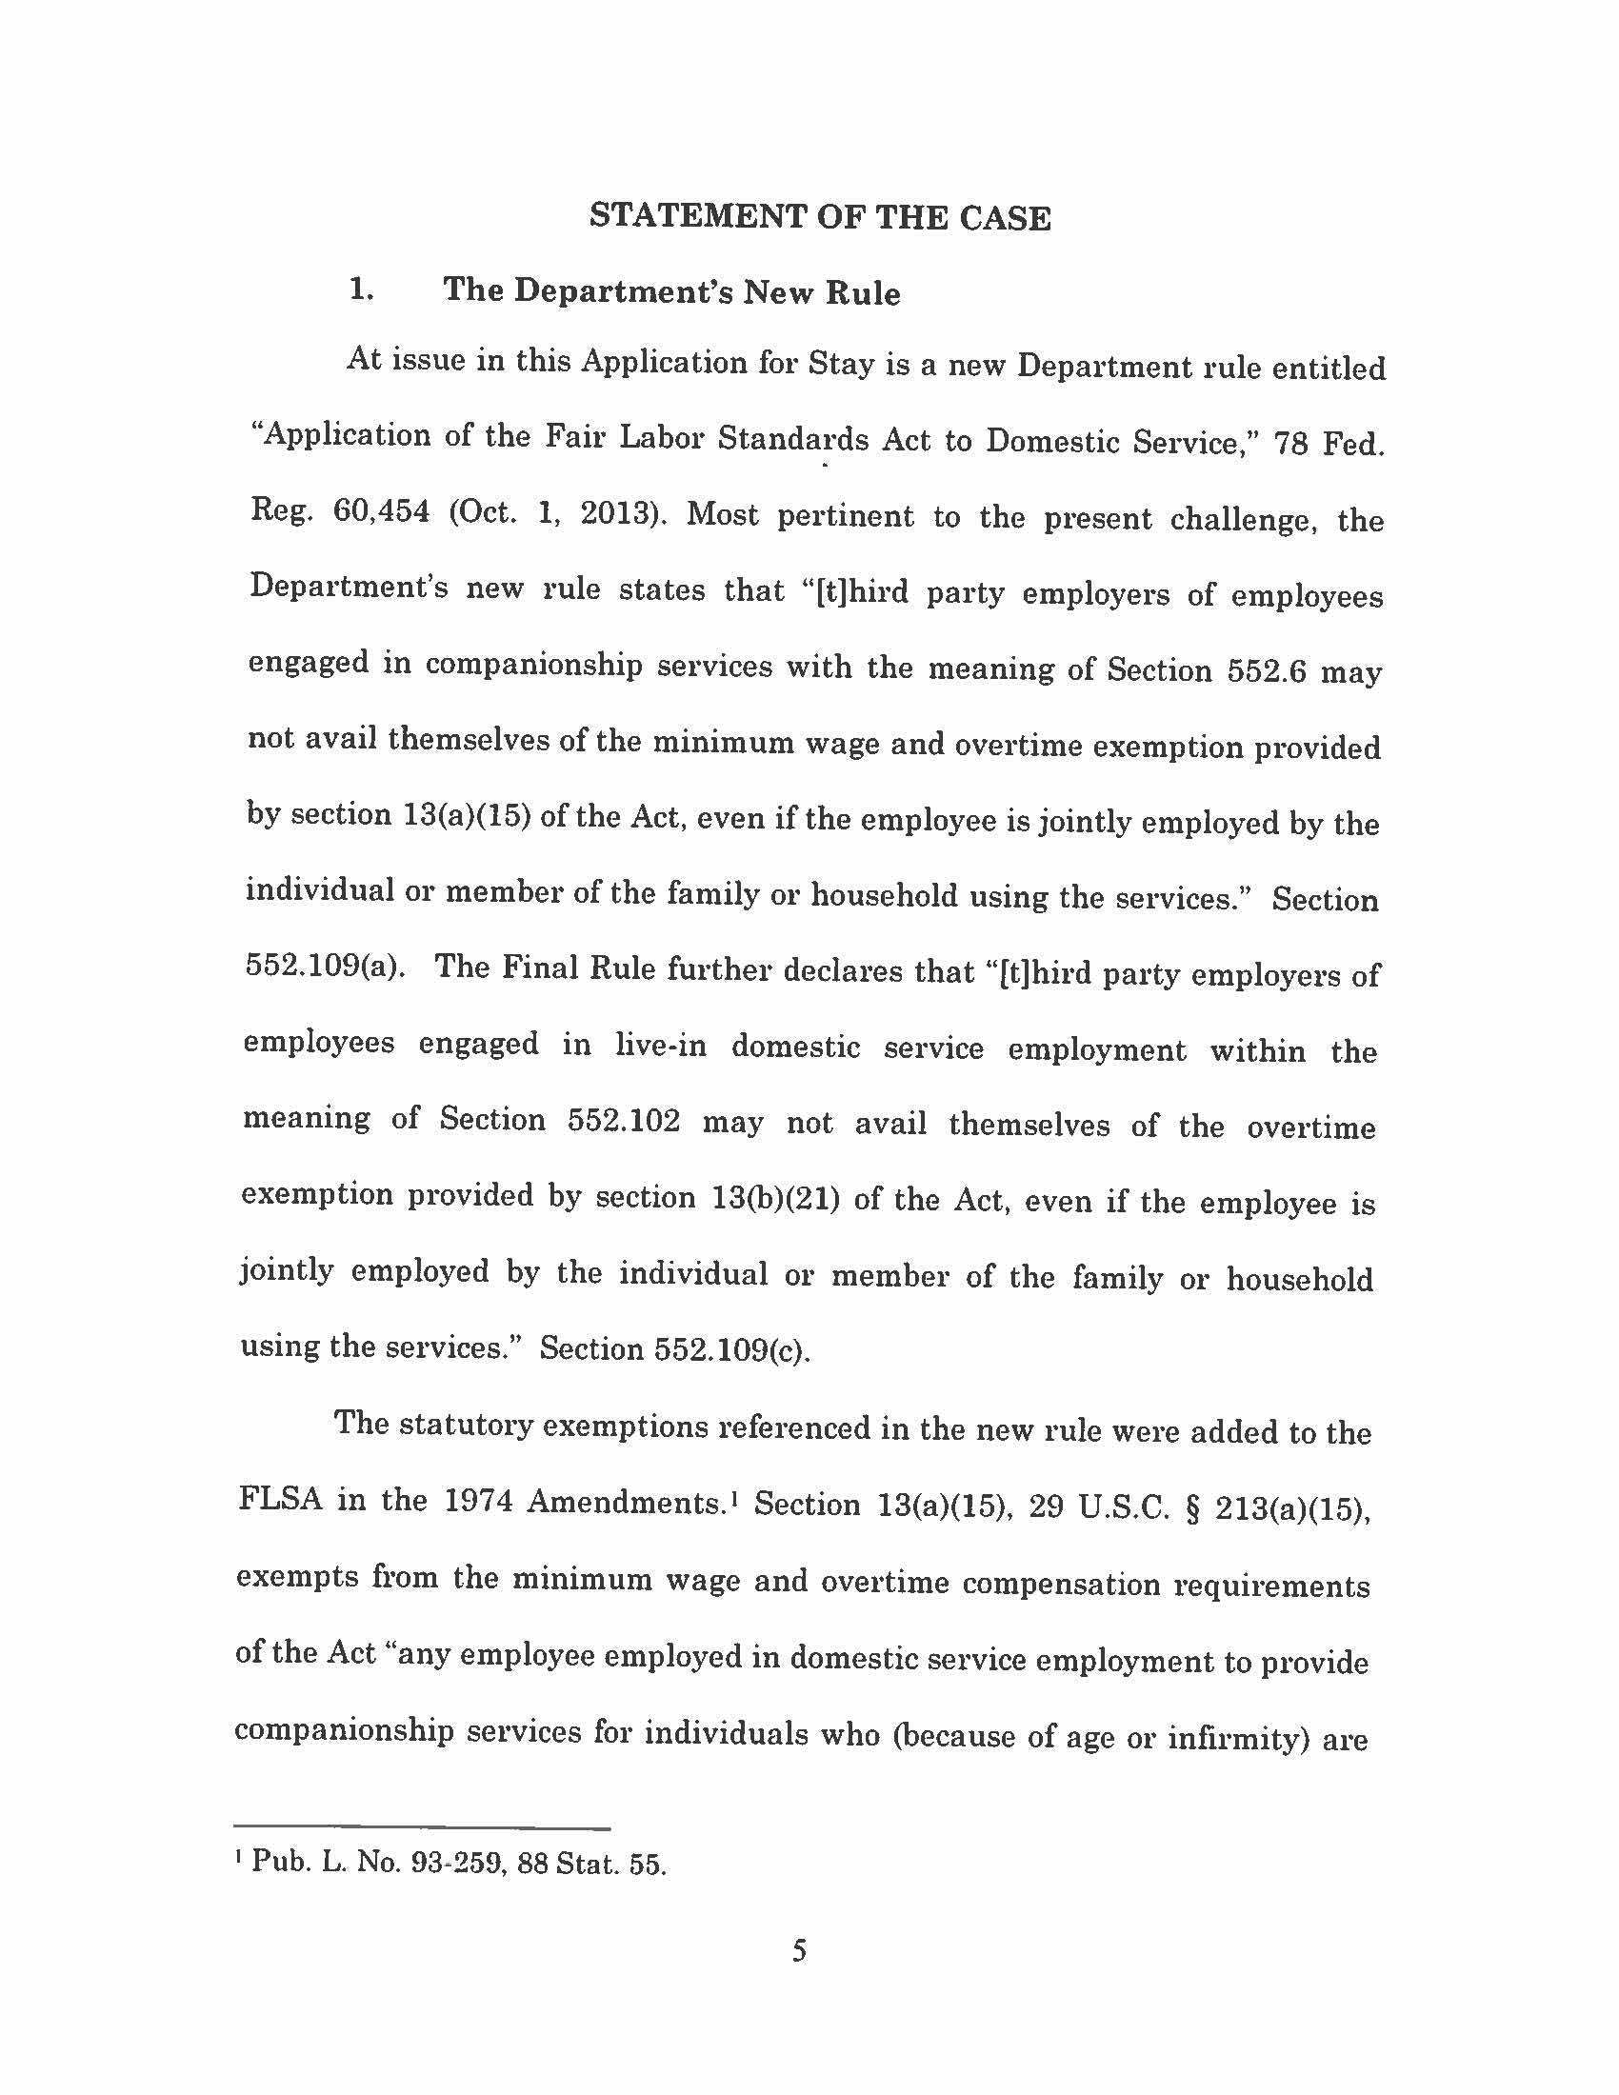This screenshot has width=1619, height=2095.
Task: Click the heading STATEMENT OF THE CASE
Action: click(820, 217)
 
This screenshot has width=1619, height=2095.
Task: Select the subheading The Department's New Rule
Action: click(671, 291)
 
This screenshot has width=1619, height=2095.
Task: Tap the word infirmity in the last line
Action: click(1238, 1737)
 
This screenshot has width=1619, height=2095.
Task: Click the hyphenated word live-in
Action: click(661, 1045)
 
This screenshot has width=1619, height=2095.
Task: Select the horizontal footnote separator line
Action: click(423, 1828)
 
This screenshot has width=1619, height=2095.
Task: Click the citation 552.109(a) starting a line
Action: click(321, 966)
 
